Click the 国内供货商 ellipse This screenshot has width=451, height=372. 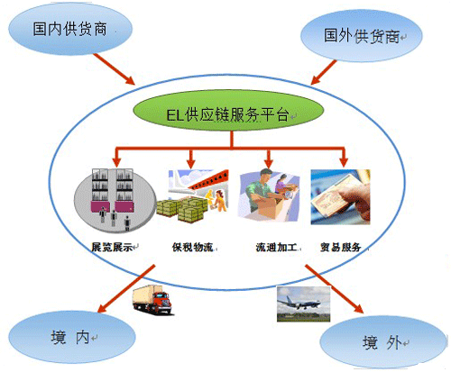point(70,29)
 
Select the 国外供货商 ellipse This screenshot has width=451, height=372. point(362,36)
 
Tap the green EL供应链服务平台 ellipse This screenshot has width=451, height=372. point(228,111)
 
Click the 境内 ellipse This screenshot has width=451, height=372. point(72,337)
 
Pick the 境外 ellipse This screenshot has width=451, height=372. point(383,342)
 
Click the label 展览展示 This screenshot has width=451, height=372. point(112,247)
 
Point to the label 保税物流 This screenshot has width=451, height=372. point(193,247)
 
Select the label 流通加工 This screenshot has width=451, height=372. point(276,247)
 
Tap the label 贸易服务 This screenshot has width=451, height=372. point(340,247)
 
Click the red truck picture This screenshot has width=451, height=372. point(152,299)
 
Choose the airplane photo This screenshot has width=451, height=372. point(303,304)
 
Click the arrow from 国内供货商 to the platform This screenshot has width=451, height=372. point(114,69)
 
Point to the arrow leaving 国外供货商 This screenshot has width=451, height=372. point(324,72)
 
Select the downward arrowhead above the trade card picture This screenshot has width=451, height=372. point(344,162)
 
